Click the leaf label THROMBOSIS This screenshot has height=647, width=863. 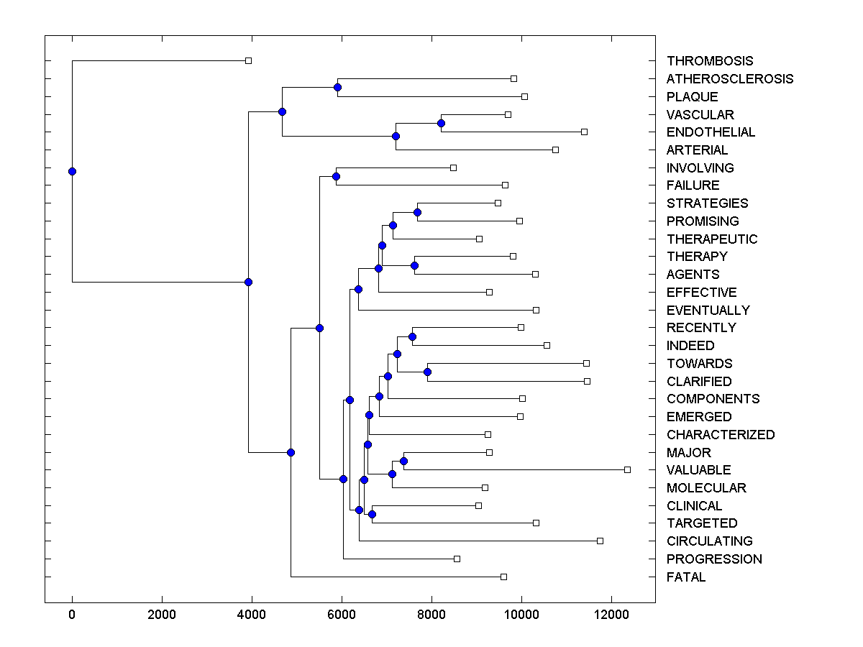pos(710,61)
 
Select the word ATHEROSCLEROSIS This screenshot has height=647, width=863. pos(730,79)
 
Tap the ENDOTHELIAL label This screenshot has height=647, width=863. pos(711,132)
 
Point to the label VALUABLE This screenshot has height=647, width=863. pos(698,470)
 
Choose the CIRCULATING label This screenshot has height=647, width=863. pos(709,541)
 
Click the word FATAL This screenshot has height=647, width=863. pos(686,577)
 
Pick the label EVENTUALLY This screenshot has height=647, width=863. pos(708,311)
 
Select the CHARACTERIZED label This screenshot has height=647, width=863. pos(721,435)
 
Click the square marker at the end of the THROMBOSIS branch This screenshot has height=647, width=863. pos(248,60)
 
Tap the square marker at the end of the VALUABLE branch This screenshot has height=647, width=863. pos(627,469)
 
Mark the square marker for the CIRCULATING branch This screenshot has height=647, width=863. pos(600,541)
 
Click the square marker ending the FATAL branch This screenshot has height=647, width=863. pos(503,577)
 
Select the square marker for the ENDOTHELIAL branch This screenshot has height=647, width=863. pos(584,132)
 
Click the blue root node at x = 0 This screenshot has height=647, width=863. pos(72,171)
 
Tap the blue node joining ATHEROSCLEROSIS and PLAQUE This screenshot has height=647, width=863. pos(337,87)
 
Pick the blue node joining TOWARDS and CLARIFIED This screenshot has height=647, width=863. pos(427,372)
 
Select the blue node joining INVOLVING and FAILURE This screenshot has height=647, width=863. pos(336,176)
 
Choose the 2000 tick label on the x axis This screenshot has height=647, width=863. pos(162,614)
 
